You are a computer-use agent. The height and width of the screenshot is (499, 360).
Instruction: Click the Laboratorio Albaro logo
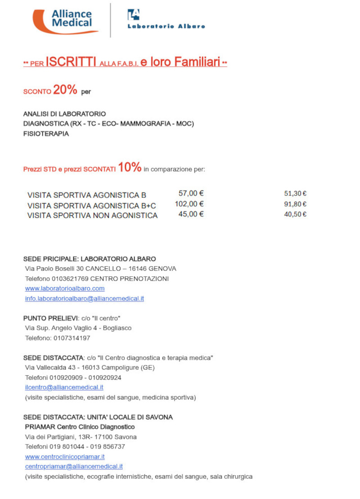pos(166,20)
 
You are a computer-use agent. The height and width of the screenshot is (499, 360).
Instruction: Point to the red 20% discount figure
pos(65,90)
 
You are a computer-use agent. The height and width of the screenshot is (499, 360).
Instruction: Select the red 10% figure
pos(130,168)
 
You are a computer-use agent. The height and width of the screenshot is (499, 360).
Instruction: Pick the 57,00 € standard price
pos(191,193)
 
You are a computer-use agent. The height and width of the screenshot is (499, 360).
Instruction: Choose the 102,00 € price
pos(189,204)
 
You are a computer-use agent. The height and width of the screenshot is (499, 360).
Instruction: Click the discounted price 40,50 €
pos(295,214)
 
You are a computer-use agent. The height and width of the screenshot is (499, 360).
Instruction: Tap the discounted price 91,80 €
pos(295,204)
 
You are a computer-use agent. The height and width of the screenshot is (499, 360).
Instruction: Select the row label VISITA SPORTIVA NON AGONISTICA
pos(92,216)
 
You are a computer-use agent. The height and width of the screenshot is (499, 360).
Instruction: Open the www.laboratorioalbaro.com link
pos(65,288)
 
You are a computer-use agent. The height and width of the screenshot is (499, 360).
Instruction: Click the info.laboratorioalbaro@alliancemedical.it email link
pos(85,298)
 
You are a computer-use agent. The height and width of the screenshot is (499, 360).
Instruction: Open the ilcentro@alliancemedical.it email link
pos(64,387)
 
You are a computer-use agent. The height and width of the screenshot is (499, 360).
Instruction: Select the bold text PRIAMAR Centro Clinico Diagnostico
pos(80,427)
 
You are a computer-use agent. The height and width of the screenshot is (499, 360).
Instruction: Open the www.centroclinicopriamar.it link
pos(65,457)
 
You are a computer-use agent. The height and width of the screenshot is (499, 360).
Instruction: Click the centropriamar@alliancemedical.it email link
pos(74,467)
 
